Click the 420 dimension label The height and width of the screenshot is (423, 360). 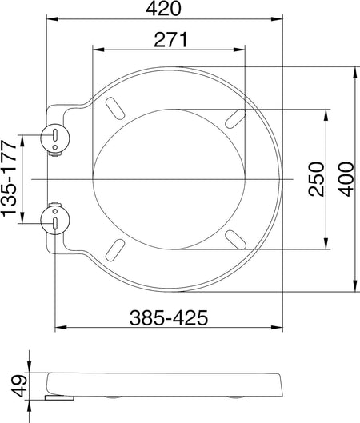[x=163, y=9]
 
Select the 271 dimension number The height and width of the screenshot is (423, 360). [x=170, y=40]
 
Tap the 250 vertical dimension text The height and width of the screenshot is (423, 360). [x=316, y=179]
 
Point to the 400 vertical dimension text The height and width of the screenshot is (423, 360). [x=346, y=179]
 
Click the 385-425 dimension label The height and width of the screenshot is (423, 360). [x=169, y=317]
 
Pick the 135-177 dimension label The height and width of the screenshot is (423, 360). [x=9, y=178]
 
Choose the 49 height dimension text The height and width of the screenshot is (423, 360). [x=21, y=385]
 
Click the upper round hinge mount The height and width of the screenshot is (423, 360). [x=55, y=138]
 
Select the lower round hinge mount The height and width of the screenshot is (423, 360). [x=55, y=220]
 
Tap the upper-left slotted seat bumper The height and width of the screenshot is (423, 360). [x=115, y=108]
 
